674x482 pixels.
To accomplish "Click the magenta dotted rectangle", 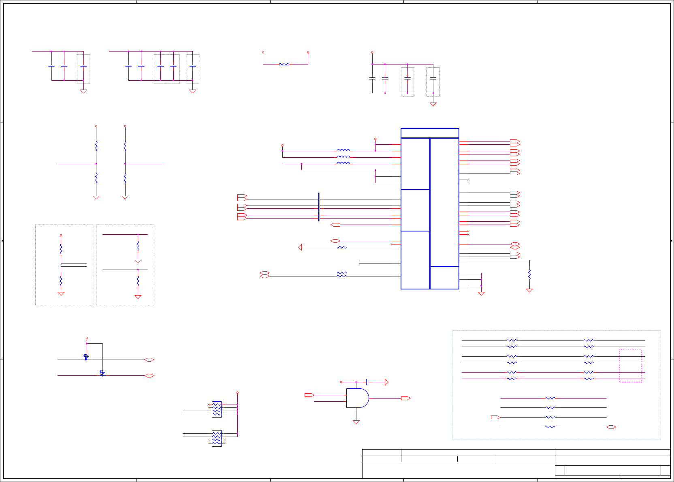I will pos(630,366).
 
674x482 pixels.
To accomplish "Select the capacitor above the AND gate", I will pos(367,382).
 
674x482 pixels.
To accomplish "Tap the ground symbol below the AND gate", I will pos(356,422).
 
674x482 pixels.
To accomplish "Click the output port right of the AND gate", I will pos(405,398).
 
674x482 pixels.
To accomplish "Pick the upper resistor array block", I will pos(217,409).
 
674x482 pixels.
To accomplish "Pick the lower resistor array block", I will pos(217,438).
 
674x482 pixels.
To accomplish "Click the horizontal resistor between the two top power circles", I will pos(284,64).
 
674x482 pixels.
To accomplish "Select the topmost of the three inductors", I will pos(343,150).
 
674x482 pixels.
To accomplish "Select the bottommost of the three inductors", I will pos(343,163).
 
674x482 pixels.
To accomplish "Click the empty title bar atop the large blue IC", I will pos(430,133).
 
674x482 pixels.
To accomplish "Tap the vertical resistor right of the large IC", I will pos(529,274).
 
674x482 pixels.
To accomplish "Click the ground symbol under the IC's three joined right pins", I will pos(481,293).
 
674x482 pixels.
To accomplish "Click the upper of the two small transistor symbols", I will pos(86,357).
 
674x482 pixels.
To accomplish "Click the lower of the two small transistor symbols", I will pos(102,373).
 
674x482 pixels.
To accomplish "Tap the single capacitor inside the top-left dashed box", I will pos(83,66).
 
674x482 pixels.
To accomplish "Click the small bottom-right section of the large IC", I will pos(444,278).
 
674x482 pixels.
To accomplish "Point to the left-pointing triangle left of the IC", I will pos(300,247).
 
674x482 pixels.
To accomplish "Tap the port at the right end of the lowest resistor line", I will pos(611,427).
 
